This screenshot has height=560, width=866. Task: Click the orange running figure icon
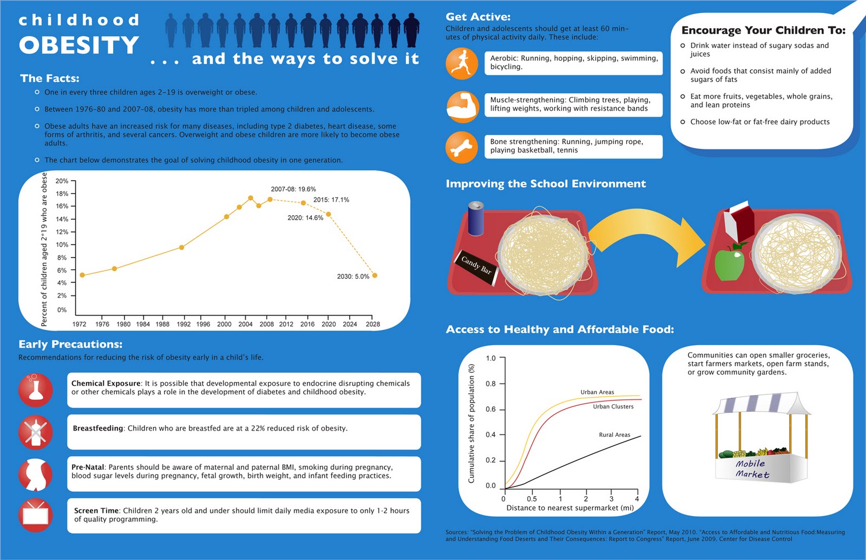pos(462,63)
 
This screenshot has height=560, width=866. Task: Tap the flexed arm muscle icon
pos(462,107)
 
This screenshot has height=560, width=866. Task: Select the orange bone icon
pos(462,147)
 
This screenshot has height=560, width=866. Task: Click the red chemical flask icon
pos(36,390)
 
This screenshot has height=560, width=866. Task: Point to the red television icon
pos(36,516)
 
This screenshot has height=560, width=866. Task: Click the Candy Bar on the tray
pos(476,267)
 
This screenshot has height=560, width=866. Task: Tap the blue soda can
pos(476,219)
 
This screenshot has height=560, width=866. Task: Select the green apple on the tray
pos(729,262)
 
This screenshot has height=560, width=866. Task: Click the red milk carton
pos(738,221)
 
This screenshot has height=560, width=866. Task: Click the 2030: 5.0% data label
pos(353,276)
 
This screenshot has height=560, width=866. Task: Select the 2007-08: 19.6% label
pos(293,189)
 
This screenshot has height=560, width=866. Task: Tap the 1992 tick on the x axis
pos(183,324)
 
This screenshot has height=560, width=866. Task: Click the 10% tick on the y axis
pos(62,245)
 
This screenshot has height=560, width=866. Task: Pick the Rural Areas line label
pos(614,435)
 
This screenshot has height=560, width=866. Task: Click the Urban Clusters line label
pos(613,406)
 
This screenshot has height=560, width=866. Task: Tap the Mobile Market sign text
pos(752,469)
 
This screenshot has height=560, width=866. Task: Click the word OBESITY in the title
pos(79,45)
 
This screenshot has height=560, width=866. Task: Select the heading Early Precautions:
pos(70,344)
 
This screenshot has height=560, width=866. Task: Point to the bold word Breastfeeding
pos(98,428)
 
